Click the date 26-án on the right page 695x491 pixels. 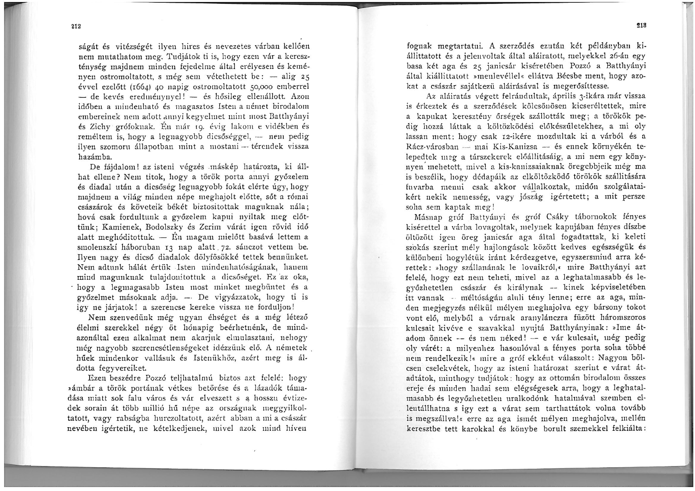coord(599,55)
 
